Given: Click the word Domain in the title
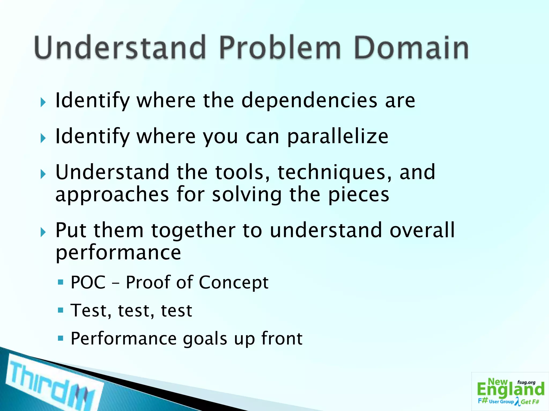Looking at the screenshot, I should tap(411, 48).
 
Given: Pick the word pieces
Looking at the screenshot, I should tap(359, 195).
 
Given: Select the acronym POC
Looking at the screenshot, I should tap(88, 283).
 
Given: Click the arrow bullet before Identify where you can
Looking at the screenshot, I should tap(43, 138).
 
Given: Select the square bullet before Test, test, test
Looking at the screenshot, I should tap(61, 310).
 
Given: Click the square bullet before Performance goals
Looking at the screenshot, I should tap(61, 338).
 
